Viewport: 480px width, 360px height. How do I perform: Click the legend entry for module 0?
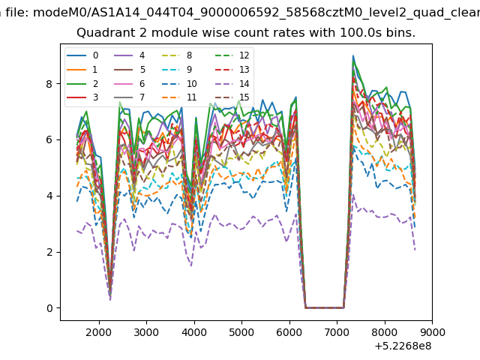pos(82,55)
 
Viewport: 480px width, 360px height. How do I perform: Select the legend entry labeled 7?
pos(129,97)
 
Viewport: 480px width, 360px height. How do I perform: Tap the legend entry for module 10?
pos(178,83)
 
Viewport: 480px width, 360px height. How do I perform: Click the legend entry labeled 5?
pos(129,70)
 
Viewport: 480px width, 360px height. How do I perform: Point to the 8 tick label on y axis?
pos(49,84)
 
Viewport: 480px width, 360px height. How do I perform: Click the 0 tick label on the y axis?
pos(49,308)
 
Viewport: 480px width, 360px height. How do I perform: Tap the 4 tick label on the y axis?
pos(49,196)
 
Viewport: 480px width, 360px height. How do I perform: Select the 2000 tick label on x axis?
pos(99,332)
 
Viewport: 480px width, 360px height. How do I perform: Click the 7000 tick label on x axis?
pos(337,332)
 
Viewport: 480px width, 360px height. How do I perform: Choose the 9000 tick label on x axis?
pos(432,332)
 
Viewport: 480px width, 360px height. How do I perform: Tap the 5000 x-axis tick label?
pos(241,332)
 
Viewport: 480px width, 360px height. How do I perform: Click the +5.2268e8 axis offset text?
pos(403,346)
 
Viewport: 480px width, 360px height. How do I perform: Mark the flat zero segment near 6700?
pos(325,307)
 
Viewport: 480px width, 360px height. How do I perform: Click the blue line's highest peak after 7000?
pos(353,55)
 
